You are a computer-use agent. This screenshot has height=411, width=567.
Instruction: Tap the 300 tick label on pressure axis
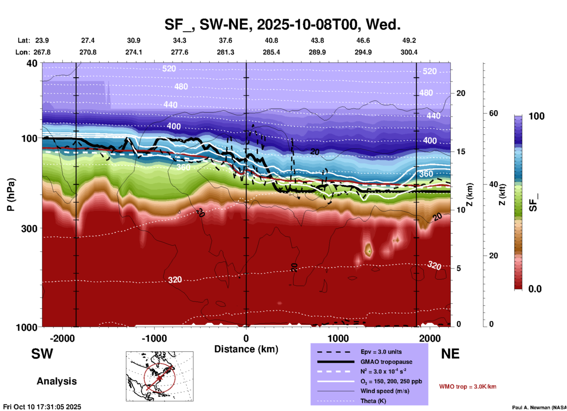click(x=29, y=228)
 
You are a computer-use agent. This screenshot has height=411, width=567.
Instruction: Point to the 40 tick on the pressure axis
click(x=32, y=63)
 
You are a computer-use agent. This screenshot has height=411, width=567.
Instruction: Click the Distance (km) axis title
click(x=246, y=349)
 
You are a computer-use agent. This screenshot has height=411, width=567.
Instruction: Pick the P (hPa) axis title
click(x=11, y=194)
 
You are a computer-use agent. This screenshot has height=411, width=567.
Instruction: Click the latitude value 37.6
click(x=226, y=40)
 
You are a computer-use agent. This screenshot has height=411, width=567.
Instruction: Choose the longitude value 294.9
click(x=363, y=52)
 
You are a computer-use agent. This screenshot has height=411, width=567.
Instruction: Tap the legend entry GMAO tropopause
click(x=386, y=362)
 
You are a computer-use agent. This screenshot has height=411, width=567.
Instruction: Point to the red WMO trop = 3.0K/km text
click(x=467, y=387)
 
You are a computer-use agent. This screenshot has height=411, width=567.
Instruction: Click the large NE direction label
click(x=450, y=354)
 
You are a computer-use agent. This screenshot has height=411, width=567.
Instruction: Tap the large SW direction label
click(x=42, y=354)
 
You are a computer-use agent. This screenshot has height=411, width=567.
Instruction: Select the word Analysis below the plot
click(x=57, y=381)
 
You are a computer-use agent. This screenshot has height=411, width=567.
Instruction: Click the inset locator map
click(x=160, y=376)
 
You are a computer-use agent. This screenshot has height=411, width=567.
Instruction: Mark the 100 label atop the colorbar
click(x=536, y=116)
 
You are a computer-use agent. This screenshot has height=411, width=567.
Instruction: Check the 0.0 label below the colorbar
click(x=535, y=289)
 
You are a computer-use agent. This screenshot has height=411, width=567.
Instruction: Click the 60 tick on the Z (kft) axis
click(x=493, y=113)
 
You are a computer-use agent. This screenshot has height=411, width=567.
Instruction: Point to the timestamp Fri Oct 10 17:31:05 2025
click(x=42, y=407)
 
